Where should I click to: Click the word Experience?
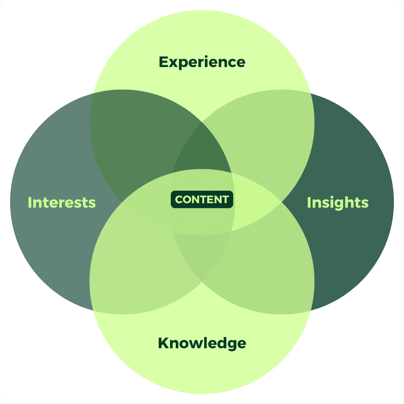pos(202,62)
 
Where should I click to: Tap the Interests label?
pos(62,202)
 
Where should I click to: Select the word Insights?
pos(338,202)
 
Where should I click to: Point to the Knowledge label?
pos(202,343)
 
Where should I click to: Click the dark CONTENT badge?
pos(202,200)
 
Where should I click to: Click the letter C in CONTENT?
pos(179,200)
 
